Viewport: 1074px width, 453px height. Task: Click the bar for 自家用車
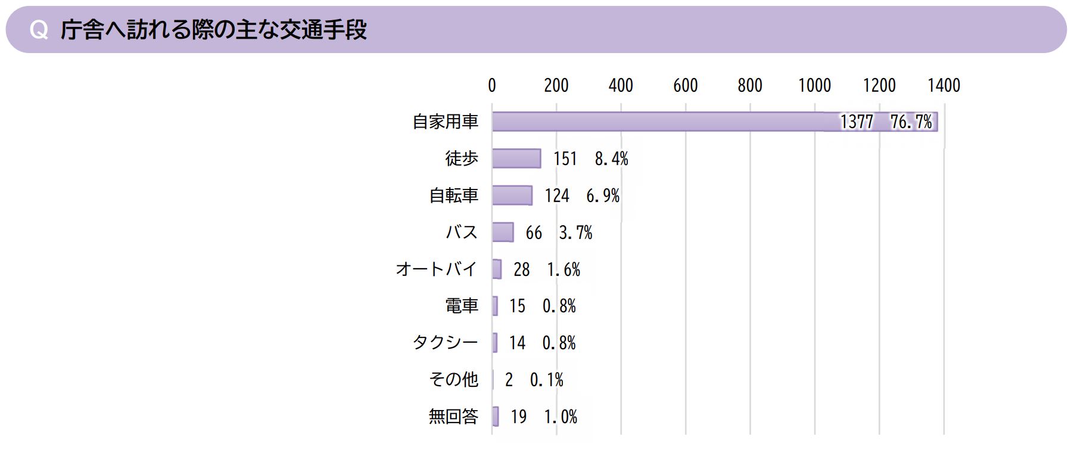655,122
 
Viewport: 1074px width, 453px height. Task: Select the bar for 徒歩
516,159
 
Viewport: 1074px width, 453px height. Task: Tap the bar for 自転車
512,196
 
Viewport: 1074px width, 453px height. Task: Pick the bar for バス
503,232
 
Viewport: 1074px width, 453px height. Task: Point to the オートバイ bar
497,269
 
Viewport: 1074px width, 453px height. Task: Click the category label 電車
462,306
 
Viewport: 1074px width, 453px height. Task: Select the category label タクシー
446,343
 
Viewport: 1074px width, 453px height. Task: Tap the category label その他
453,380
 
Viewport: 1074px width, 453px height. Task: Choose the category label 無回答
453,417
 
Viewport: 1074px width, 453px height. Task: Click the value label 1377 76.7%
886,122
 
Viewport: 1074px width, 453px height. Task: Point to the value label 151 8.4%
590,159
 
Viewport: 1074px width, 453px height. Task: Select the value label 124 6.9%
582,196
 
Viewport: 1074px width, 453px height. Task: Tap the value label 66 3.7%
559,232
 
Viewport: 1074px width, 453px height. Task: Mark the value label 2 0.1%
534,380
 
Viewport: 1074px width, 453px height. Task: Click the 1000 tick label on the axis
814,86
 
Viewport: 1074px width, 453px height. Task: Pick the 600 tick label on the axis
685,86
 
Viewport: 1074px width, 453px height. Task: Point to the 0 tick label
492,86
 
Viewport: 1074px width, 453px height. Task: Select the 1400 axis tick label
944,86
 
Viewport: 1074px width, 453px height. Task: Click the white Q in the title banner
39,30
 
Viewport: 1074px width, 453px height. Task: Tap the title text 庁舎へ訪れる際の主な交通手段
213,30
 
